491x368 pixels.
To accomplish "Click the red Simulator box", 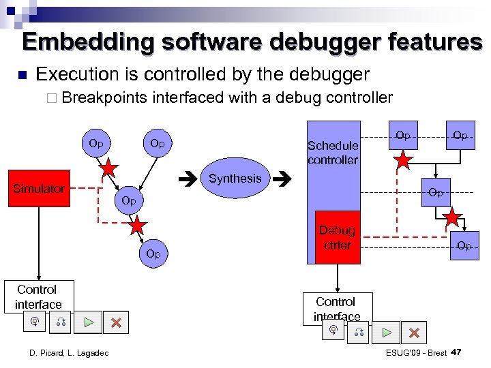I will point(39,188).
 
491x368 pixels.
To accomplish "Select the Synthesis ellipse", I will point(235,179).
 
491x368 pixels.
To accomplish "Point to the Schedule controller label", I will point(333,153).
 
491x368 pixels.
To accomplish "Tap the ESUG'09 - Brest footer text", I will point(416,352).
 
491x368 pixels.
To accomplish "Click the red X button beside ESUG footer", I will point(414,333).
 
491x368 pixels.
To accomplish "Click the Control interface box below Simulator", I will point(38,297).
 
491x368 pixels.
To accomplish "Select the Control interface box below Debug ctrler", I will point(336,308).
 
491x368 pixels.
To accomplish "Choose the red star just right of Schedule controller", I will point(404,161).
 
